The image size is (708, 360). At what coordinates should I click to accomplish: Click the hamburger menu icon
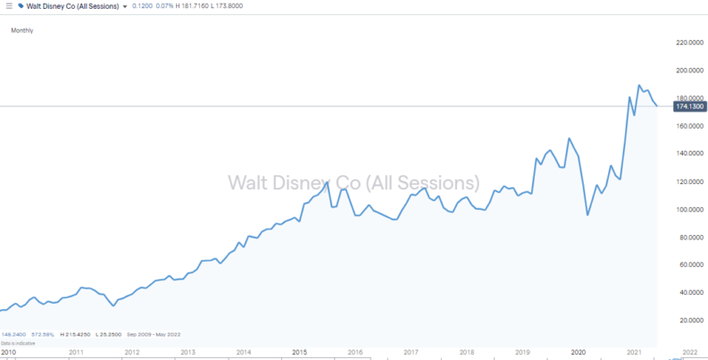click(x=8, y=7)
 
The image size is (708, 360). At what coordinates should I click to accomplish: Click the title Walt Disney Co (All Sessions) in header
click(x=71, y=7)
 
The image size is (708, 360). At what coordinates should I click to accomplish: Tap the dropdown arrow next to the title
click(x=124, y=7)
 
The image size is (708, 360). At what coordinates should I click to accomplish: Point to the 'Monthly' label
click(x=21, y=30)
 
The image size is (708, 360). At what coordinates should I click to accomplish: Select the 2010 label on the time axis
click(x=9, y=352)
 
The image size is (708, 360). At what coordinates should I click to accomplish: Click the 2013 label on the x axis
click(x=187, y=352)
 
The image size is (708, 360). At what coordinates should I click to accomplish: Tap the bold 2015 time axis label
click(x=299, y=352)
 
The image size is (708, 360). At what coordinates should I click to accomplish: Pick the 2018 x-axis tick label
click(x=466, y=352)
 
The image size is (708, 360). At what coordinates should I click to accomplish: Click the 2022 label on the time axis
click(x=689, y=352)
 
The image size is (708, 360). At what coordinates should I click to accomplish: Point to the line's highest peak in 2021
click(x=639, y=86)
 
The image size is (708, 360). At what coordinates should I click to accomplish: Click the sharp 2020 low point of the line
click(x=587, y=215)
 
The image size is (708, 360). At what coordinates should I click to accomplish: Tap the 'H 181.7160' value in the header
click(x=197, y=7)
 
